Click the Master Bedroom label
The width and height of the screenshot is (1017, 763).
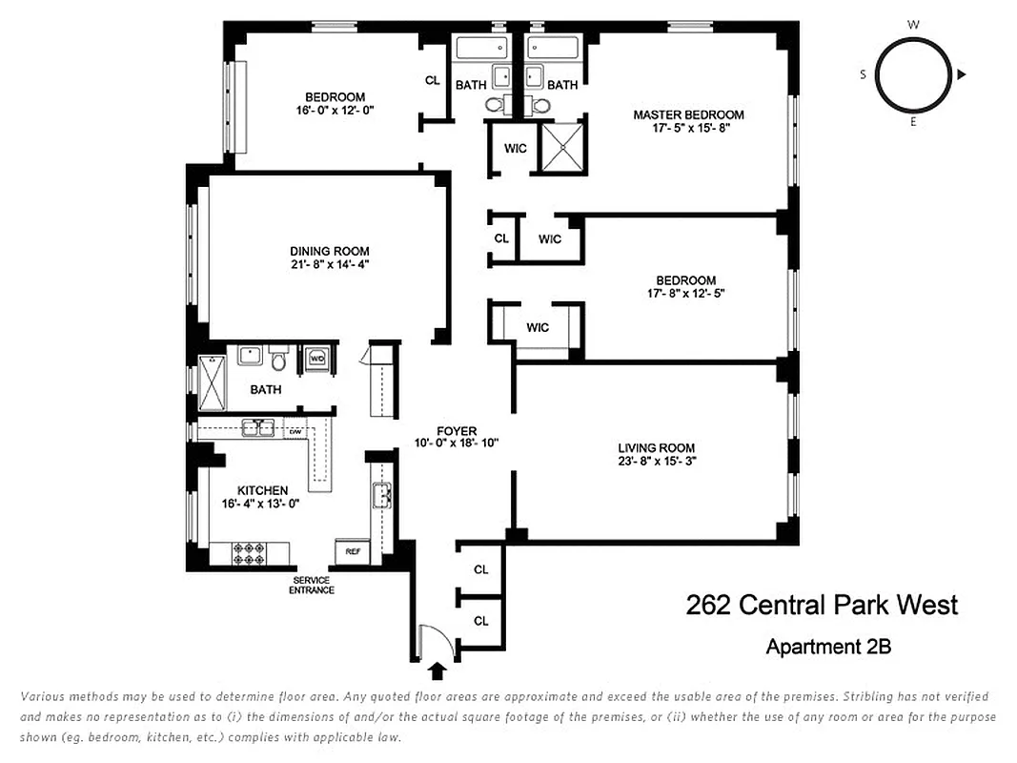688,114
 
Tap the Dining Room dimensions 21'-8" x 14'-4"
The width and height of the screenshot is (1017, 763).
330,265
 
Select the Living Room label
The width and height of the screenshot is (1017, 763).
656,447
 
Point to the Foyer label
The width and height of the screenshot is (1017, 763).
458,431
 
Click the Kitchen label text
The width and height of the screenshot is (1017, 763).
262,490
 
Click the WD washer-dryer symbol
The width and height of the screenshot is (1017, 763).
315,359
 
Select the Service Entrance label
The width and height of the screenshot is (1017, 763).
312,585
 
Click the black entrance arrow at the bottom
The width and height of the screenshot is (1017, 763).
437,671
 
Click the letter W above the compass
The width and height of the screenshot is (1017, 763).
912,25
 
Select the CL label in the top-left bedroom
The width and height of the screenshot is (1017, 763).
432,80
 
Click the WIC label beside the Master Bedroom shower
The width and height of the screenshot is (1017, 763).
516,148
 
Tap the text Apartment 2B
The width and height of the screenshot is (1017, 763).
828,646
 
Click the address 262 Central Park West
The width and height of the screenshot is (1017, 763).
822,605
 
